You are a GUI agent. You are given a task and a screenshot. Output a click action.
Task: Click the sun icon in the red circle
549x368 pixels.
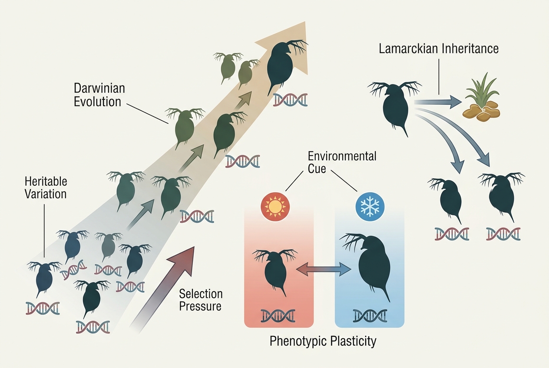(275, 207)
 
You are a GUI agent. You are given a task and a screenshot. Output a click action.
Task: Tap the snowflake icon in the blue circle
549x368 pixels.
(370, 207)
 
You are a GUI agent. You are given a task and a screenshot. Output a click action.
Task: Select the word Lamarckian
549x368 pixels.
(408, 49)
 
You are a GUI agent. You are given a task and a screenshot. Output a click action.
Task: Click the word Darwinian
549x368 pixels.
(99, 88)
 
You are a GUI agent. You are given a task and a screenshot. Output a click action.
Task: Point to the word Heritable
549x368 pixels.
(46, 181)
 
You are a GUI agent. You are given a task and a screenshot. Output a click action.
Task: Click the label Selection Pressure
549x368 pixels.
(201, 300)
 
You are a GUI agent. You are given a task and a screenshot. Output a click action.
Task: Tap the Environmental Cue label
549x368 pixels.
(342, 162)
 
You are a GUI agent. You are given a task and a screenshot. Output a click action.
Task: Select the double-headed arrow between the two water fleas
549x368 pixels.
(324, 269)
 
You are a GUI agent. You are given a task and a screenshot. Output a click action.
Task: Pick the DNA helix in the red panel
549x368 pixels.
(278, 316)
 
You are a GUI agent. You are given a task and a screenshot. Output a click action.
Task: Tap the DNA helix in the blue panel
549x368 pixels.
(370, 316)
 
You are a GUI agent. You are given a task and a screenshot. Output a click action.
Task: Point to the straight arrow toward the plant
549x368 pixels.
(438, 102)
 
